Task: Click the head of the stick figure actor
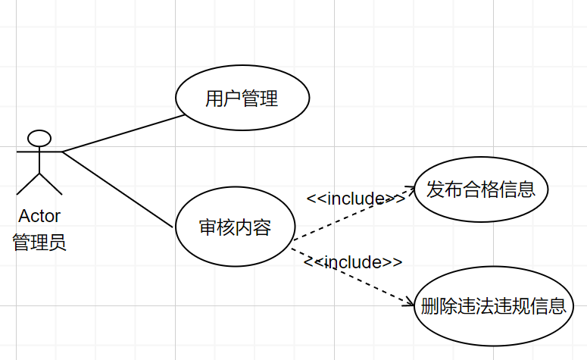pos(39,139)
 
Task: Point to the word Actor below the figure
pos(39,216)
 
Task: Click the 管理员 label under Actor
pos(39,243)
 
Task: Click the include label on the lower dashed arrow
pos(354,262)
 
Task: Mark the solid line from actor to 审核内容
pos(117,189)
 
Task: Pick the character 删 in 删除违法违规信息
pos(429,306)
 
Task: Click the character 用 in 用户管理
pos(214,99)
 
